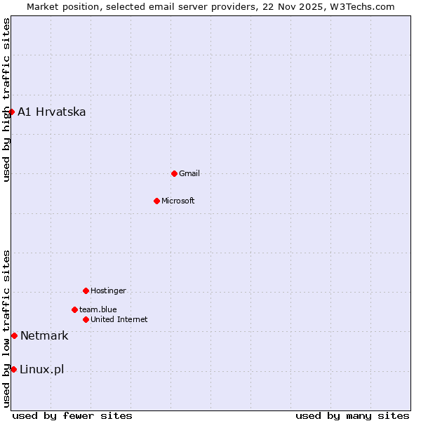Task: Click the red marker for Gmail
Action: point(174,173)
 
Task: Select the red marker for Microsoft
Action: point(156,201)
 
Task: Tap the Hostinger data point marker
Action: point(86,290)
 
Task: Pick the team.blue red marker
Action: point(74,309)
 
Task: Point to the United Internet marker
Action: point(86,319)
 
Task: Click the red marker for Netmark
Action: point(14,335)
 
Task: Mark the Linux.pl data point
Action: point(13,369)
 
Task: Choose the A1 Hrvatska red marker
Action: point(11,112)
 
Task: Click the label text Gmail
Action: point(189,173)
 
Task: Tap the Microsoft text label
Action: point(178,201)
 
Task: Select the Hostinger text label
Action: point(108,290)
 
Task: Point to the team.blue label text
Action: point(98,309)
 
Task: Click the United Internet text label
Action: point(119,319)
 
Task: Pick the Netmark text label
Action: point(44,335)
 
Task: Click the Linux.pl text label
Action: point(41,369)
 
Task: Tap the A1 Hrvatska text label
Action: point(52,112)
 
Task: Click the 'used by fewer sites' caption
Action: point(72,415)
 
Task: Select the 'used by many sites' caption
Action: point(352,415)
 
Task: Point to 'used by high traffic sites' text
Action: point(6,100)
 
